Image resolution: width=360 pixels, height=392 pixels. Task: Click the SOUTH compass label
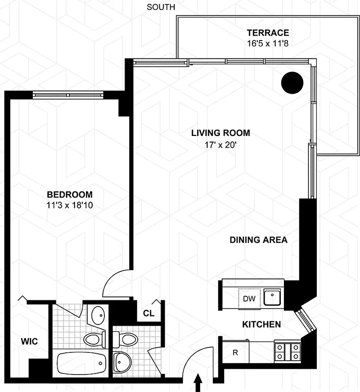(x=161, y=7)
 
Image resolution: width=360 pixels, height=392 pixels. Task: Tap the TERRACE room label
(x=268, y=33)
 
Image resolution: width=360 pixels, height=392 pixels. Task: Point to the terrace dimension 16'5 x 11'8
(x=268, y=44)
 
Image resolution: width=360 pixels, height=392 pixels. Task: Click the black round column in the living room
(x=292, y=83)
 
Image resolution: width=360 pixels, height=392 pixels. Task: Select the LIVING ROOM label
(x=220, y=133)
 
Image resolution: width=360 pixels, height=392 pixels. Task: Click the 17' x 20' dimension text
(x=220, y=145)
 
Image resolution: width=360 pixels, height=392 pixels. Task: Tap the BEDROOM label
(x=70, y=194)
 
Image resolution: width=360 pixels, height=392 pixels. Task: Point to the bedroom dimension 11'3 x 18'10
(x=70, y=205)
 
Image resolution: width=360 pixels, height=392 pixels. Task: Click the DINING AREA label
(x=258, y=240)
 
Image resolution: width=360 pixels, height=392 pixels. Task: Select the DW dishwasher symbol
(x=249, y=298)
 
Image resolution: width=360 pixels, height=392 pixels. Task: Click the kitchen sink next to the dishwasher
(x=272, y=297)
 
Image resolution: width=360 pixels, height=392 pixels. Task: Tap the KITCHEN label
(x=261, y=324)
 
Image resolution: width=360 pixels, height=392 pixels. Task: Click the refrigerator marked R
(x=235, y=352)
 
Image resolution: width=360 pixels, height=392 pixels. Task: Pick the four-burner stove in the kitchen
(x=288, y=352)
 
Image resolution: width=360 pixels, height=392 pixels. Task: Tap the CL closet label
(x=148, y=313)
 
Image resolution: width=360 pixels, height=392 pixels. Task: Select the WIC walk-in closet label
(x=29, y=341)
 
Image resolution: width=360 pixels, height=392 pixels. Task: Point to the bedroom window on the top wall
(x=68, y=95)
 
